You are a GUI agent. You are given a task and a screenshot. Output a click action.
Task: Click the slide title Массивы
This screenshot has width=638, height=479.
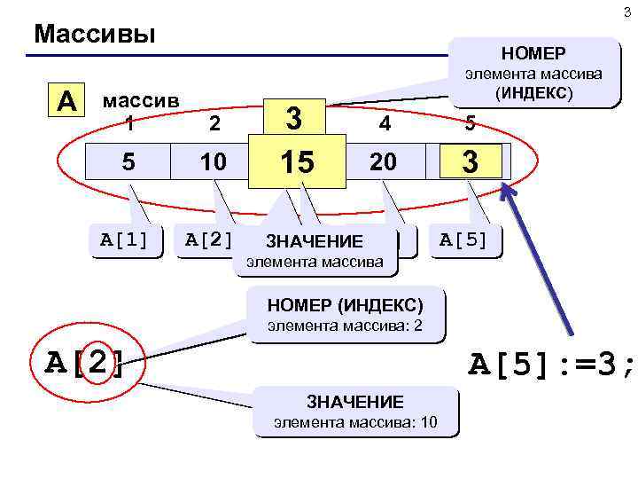point(94,35)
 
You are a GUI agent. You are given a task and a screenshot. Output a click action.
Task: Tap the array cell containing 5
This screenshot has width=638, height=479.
point(129,163)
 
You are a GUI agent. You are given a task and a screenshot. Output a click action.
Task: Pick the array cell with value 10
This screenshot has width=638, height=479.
point(213,163)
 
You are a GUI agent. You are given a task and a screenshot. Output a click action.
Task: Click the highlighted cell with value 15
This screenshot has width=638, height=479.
point(297,163)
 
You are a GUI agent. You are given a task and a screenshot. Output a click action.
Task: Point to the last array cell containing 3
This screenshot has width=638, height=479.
point(471,162)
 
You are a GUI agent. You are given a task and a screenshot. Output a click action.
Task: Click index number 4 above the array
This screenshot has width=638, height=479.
point(385,126)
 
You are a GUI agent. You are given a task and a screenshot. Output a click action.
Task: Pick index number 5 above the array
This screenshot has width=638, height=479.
point(469,126)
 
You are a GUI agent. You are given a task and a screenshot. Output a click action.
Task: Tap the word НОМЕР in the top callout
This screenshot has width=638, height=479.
point(534,52)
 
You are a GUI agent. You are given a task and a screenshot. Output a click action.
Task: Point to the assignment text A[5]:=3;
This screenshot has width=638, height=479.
point(551,364)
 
